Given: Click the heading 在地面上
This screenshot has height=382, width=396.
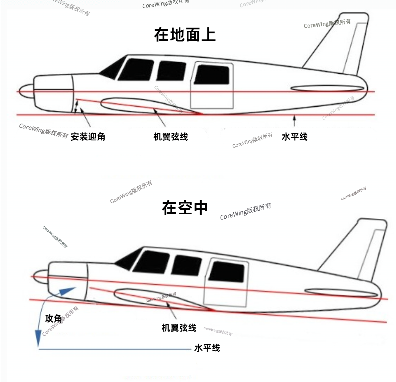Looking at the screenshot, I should coord(185,35).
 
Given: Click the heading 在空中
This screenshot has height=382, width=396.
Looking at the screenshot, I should coord(185,207).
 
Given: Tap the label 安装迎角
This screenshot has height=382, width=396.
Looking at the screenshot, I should coord(88,137).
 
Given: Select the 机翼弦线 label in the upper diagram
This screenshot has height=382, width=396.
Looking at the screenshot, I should coord(171,137).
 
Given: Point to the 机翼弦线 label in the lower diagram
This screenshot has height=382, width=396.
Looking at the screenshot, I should coord(179,328).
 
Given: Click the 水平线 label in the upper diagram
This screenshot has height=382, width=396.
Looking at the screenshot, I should coord(294,137).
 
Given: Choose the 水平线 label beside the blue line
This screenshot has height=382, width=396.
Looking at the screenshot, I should coord(207,348).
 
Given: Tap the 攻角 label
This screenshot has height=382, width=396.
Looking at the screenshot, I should coord(54,318).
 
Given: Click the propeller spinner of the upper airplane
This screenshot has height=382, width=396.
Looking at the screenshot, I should coord(26,91).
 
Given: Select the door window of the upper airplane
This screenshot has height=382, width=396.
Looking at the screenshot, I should coord(212,74).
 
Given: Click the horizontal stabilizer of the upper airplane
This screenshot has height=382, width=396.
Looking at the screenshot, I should coord(327,88).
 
